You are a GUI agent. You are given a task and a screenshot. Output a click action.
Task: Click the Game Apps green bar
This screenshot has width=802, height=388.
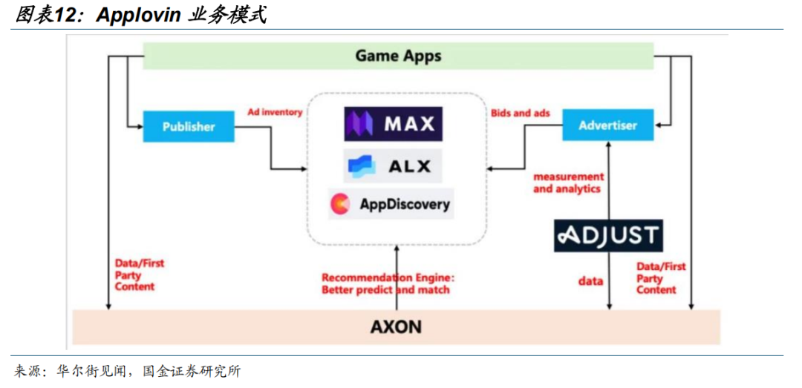click(x=398, y=56)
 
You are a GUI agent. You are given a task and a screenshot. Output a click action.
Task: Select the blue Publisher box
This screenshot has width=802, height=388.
click(x=189, y=126)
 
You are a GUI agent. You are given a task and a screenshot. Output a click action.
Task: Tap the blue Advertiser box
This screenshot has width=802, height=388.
click(x=608, y=125)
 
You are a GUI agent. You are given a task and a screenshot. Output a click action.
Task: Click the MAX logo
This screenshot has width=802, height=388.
click(x=393, y=124)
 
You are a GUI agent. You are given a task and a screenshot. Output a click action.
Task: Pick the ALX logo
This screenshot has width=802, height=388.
click(x=393, y=165)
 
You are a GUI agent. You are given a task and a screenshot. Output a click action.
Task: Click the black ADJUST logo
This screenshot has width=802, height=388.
click(x=608, y=236)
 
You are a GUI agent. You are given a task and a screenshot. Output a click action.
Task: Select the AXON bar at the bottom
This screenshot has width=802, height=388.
click(x=397, y=326)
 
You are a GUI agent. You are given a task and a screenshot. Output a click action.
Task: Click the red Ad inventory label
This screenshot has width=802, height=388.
click(x=275, y=113)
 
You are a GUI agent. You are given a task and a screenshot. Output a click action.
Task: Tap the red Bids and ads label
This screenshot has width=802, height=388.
click(x=521, y=113)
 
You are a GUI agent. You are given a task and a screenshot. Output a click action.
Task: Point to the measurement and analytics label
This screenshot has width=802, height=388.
click(x=568, y=183)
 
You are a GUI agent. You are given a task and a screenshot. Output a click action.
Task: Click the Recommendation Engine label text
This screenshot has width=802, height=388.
click(x=388, y=283)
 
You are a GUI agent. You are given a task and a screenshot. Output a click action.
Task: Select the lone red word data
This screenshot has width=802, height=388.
click(x=591, y=282)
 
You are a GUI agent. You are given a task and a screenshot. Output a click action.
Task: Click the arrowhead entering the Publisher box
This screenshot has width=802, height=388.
click(x=138, y=127)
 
